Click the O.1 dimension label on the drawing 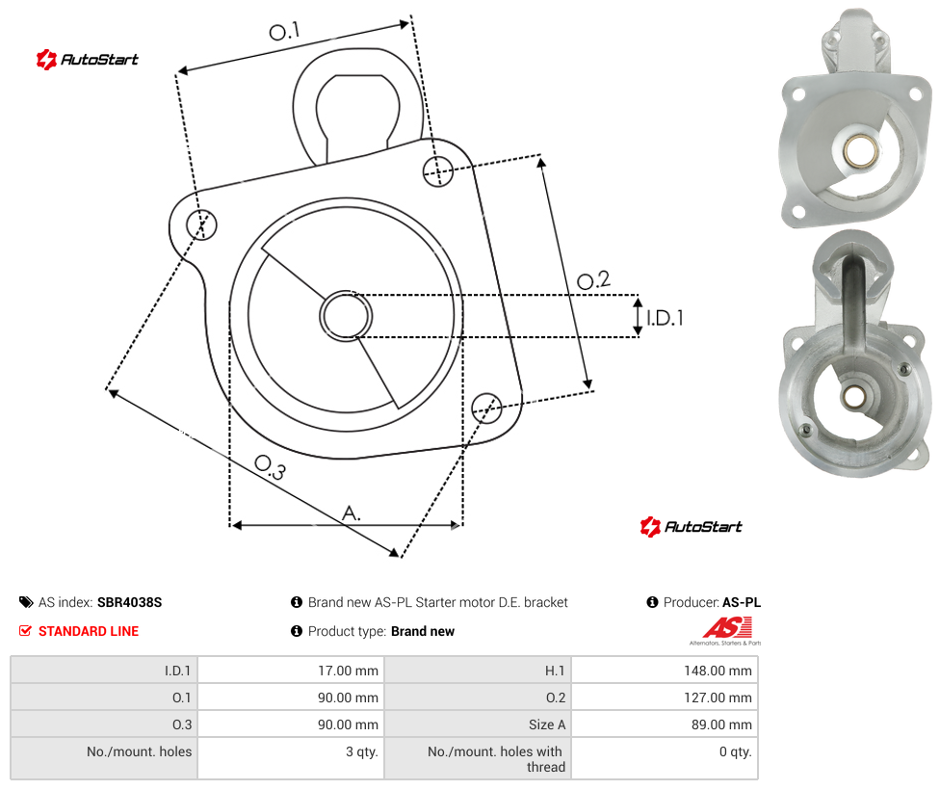(x=284, y=31)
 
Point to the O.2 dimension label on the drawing (x=593, y=279)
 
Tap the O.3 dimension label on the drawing (x=270, y=467)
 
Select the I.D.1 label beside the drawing (x=665, y=318)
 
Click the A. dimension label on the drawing (x=352, y=513)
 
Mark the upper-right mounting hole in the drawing (x=438, y=171)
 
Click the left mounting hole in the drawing (x=201, y=224)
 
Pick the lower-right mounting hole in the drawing (x=486, y=408)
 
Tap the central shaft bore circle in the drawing (x=346, y=316)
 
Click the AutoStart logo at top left (x=88, y=60)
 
